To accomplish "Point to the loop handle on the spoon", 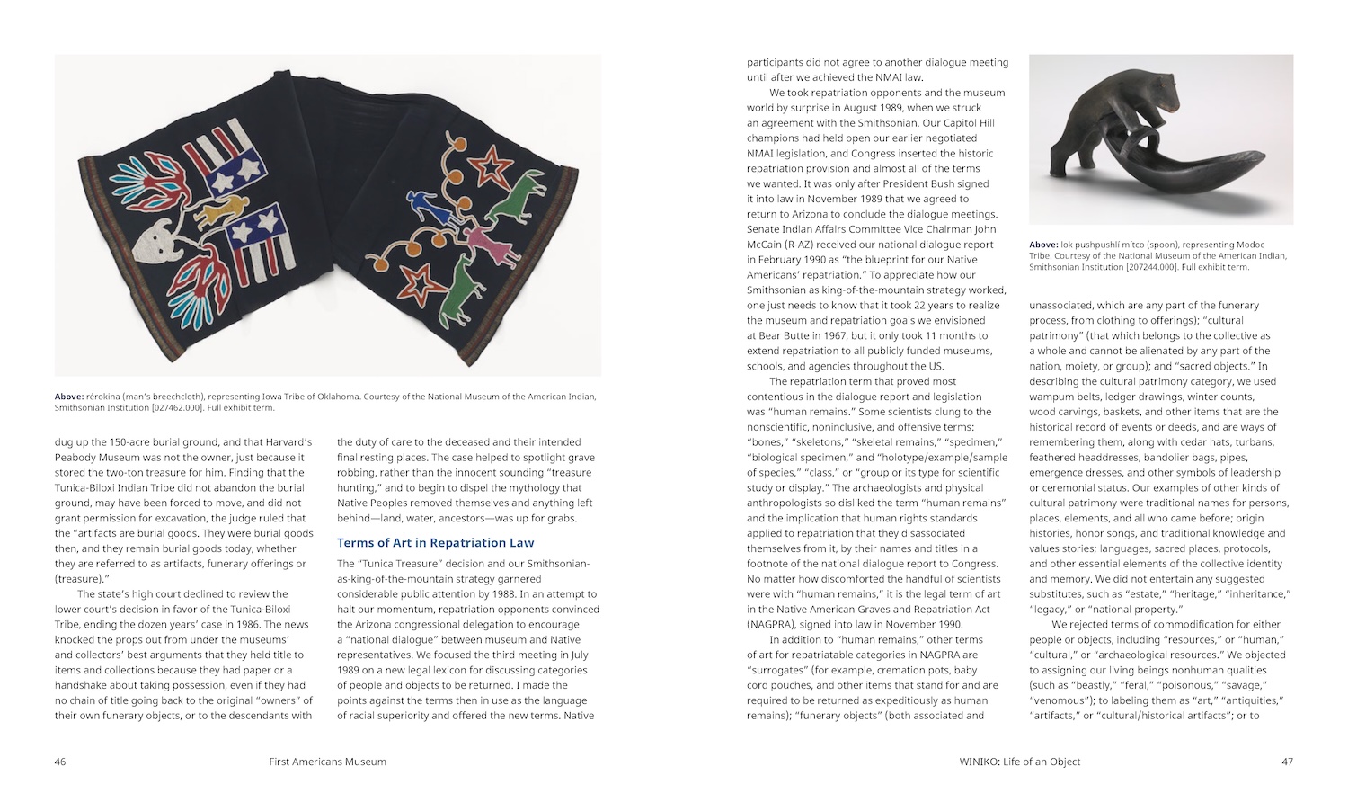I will tap(1139, 147).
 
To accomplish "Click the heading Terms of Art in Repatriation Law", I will tap(435, 543).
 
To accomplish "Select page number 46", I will tap(60, 762).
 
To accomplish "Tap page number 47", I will tap(1287, 762).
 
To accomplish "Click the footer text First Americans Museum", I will tap(327, 762).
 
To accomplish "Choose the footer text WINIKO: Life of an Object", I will tap(1020, 762).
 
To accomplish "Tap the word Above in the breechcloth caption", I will tap(68, 397).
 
